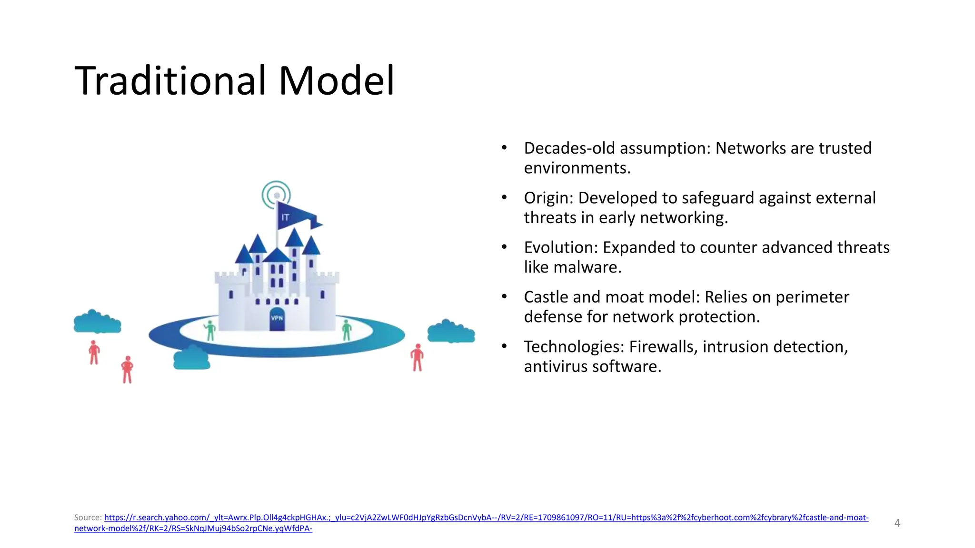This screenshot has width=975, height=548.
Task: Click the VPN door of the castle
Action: pyautogui.click(x=277, y=319)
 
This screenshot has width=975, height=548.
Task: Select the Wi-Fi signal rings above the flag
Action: pyautogui.click(x=276, y=195)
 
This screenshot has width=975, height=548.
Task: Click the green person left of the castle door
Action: pyautogui.click(x=210, y=330)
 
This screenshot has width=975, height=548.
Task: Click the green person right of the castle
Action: pyautogui.click(x=347, y=330)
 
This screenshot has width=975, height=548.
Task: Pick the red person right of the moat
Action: pyautogui.click(x=417, y=358)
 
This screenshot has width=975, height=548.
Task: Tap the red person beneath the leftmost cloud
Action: pyautogui.click(x=94, y=352)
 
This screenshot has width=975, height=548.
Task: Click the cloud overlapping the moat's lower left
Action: pyautogui.click(x=191, y=358)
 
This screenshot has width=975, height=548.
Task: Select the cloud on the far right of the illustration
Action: pyautogui.click(x=450, y=332)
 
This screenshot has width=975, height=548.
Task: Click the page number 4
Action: pyautogui.click(x=897, y=523)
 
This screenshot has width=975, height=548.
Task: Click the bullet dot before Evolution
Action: pyautogui.click(x=504, y=247)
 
